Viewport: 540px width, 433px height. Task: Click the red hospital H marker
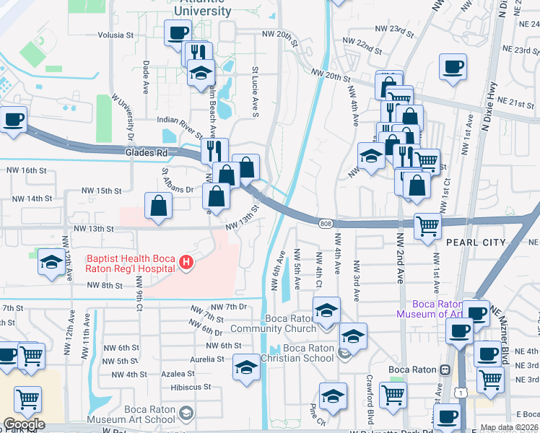(x=186, y=262)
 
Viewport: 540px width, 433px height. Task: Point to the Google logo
(x=23, y=424)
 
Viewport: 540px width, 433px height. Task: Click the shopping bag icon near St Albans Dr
(x=158, y=206)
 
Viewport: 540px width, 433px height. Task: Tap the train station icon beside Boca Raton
(x=445, y=369)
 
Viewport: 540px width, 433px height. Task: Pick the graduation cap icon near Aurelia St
(x=246, y=367)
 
